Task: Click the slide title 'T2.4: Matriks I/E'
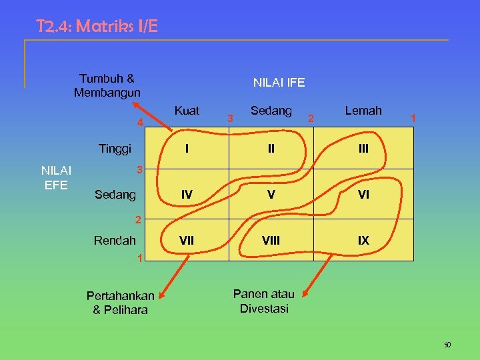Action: point(97,27)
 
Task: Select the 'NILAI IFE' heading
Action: point(279,83)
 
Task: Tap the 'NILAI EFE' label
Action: point(56,177)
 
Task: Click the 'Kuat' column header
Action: point(187,111)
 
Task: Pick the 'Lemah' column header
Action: point(363,111)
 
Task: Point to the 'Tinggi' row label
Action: point(115,148)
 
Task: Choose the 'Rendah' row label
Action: point(115,240)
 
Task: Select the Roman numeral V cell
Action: point(271,195)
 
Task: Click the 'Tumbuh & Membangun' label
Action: point(107,85)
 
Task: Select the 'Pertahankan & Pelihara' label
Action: point(120,303)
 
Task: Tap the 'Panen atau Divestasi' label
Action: point(265,301)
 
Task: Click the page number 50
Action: point(447,345)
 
